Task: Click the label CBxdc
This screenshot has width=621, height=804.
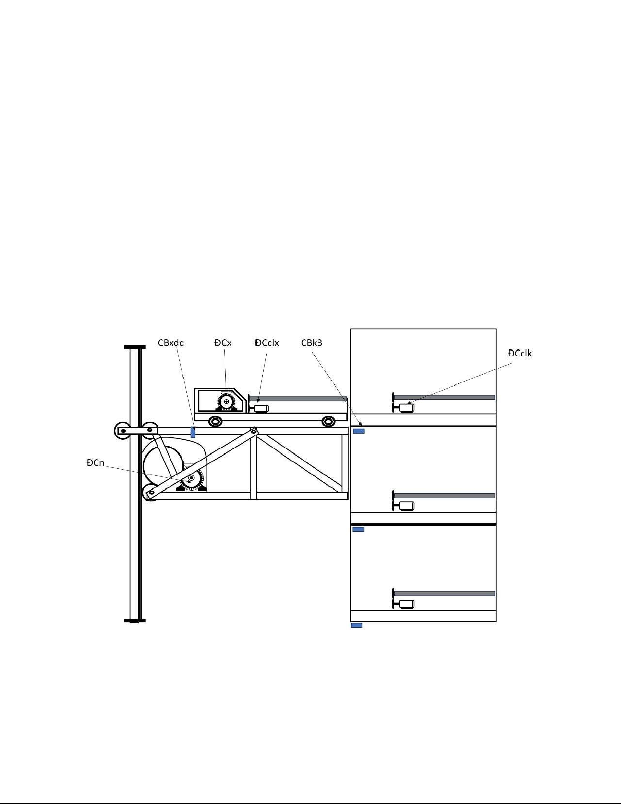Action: [x=170, y=343]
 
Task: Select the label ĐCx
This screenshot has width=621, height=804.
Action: [x=223, y=343]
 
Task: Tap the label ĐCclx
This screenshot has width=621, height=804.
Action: [x=267, y=343]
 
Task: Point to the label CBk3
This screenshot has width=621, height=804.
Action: [x=312, y=343]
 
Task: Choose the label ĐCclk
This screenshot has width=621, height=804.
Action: [x=520, y=353]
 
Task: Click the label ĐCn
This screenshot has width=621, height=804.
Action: [x=95, y=463]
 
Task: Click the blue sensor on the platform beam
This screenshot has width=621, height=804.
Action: [x=193, y=432]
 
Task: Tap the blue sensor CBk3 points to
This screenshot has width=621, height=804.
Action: [x=358, y=431]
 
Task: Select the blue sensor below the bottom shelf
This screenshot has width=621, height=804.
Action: [x=357, y=625]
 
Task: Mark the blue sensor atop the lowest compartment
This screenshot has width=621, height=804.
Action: [x=358, y=529]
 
